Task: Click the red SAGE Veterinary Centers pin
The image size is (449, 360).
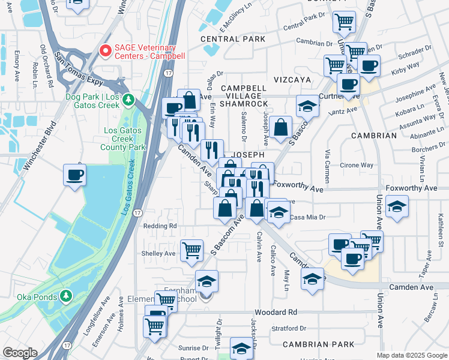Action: [106, 51]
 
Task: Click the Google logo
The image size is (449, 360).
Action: [20, 353]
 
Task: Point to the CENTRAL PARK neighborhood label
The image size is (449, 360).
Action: [233, 39]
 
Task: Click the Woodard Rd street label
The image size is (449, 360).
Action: [276, 313]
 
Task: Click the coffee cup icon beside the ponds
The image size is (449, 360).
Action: [75, 175]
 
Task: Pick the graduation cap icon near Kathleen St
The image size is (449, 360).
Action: [397, 208]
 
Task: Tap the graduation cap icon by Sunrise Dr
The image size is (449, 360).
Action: [242, 349]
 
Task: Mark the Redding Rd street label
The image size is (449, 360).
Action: [160, 226]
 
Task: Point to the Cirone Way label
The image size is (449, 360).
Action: [357, 165]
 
